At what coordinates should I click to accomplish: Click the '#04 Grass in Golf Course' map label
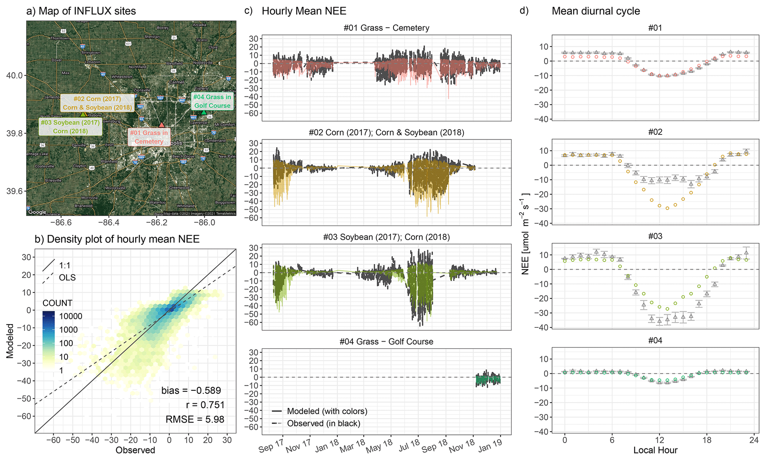pyautogui.click(x=212, y=101)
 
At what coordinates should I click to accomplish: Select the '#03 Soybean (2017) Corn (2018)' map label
pyautogui.click(x=70, y=127)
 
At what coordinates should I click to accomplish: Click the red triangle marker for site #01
pyautogui.click(x=161, y=125)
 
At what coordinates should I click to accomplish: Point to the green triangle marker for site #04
pyautogui.click(x=204, y=112)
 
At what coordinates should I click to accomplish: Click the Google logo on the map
pyautogui.click(x=37, y=212)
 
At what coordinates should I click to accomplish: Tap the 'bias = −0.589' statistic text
pyautogui.click(x=191, y=390)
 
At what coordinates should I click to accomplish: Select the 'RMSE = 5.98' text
pyautogui.click(x=195, y=419)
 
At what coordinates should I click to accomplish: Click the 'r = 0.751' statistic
pyautogui.click(x=205, y=405)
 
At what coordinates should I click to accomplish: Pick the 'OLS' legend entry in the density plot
pyautogui.click(x=67, y=277)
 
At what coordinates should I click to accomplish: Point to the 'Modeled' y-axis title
pyautogui.click(x=10, y=341)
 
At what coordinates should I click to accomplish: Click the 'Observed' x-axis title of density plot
pyautogui.click(x=135, y=450)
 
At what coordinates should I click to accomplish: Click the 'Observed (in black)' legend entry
pyautogui.click(x=324, y=423)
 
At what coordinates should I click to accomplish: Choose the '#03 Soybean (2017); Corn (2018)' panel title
pyautogui.click(x=386, y=237)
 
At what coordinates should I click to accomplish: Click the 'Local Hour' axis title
pyautogui.click(x=655, y=450)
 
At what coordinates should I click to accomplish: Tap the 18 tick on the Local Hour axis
pyautogui.click(x=706, y=440)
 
